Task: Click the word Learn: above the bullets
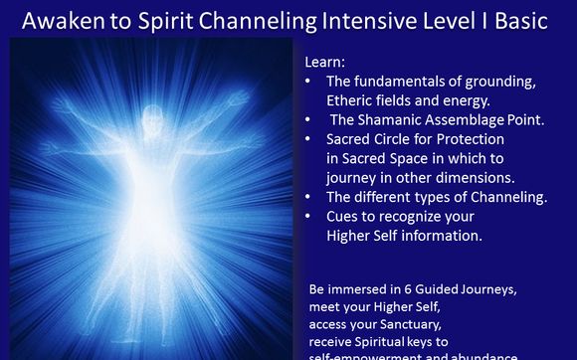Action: (x=325, y=62)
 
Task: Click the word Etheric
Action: (x=350, y=99)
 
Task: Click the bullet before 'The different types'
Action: (x=311, y=197)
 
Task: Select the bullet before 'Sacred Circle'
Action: (x=311, y=139)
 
